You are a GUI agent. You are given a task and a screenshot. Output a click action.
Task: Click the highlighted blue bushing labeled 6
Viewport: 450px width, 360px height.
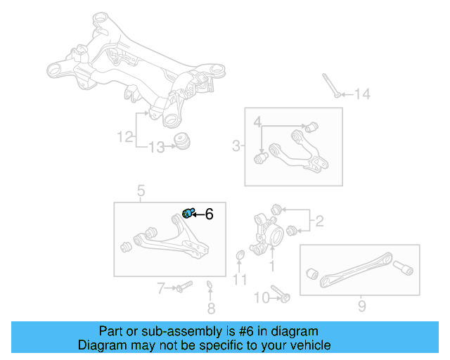point(188,213)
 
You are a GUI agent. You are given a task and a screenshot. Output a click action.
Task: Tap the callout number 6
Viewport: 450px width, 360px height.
point(209,214)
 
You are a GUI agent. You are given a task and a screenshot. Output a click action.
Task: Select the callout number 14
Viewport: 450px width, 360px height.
point(361,94)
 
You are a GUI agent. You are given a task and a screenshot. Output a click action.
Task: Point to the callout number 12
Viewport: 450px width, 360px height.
point(124,137)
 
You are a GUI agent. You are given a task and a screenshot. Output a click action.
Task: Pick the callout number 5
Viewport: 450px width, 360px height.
point(141,191)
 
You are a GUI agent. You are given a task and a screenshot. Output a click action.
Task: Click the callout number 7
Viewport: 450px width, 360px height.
point(160,288)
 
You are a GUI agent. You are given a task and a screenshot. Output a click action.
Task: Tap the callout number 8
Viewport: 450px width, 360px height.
point(211,308)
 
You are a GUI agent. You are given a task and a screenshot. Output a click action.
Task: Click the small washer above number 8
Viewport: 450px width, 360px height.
point(210,285)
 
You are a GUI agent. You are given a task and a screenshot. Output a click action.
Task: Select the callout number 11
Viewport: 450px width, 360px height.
point(240,280)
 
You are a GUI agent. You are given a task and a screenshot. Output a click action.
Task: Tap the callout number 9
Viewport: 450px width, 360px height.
point(361,307)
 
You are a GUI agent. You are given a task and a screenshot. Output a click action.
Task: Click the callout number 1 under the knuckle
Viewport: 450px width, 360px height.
point(272,266)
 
